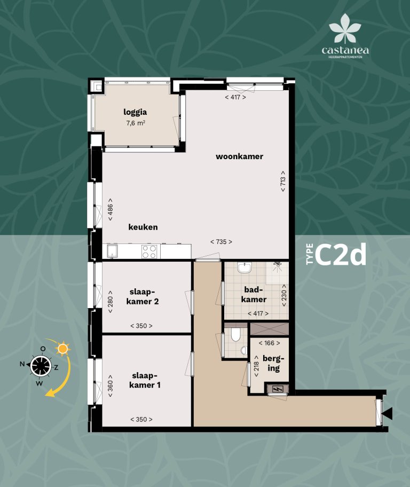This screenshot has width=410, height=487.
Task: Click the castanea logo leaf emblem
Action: pos(345,28)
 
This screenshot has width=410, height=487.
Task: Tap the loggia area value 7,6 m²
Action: pos(136,123)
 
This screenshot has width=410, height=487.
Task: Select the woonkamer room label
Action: pos(240,156)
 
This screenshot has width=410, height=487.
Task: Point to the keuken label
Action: pos(143,227)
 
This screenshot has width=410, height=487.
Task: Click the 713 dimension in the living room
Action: pos(282,181)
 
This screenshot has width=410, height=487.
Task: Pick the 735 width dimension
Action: pos(221,242)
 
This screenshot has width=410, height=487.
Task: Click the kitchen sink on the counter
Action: pos(112,252)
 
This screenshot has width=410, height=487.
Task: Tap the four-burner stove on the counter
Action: pos(149,252)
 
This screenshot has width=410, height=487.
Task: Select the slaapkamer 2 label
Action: pos(143,296)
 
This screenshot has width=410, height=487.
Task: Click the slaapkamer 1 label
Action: pos(145,380)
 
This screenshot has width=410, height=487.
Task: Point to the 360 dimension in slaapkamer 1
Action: pos(110,386)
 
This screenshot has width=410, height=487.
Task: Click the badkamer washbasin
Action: pos(245,268)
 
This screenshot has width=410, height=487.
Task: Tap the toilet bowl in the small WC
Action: pos(236,335)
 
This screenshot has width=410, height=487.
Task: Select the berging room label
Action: pos(273,364)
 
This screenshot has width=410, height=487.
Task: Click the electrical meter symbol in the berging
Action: pos(277,389)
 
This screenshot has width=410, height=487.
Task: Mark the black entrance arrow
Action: pos(388,414)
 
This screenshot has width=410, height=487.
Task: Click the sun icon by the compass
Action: pos(63,349)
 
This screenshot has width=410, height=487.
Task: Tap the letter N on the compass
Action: pos(22,364)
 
